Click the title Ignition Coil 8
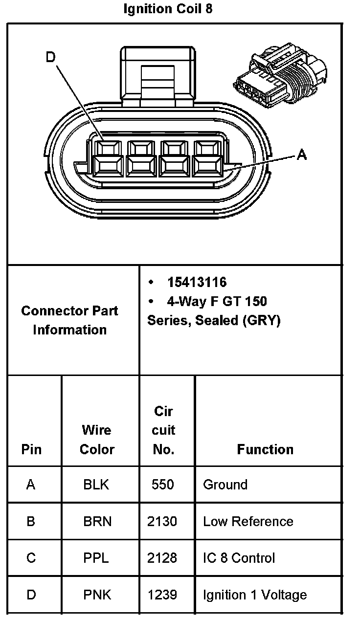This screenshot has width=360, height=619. click(168, 9)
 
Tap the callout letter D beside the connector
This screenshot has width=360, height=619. click(51, 58)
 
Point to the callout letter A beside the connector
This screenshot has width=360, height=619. click(302, 155)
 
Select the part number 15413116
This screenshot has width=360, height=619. click(197, 282)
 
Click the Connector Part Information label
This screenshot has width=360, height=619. click(69, 320)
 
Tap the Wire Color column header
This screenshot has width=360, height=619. click(97, 440)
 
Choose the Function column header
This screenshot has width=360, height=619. click(265, 449)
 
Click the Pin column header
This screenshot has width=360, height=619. click(31, 449)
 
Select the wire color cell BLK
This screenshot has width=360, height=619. click(96, 485)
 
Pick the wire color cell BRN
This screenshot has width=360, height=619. click(97, 521)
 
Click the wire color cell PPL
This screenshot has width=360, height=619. click(96, 558)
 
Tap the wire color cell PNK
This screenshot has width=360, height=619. click(97, 595)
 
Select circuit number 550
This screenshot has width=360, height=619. click(163, 485)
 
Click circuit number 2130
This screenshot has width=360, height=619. click(162, 521)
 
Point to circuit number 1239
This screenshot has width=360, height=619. click(162, 595)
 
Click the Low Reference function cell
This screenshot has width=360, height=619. click(248, 521)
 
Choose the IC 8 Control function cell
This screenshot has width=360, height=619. click(239, 558)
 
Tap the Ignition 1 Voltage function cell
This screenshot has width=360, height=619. click(255, 595)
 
